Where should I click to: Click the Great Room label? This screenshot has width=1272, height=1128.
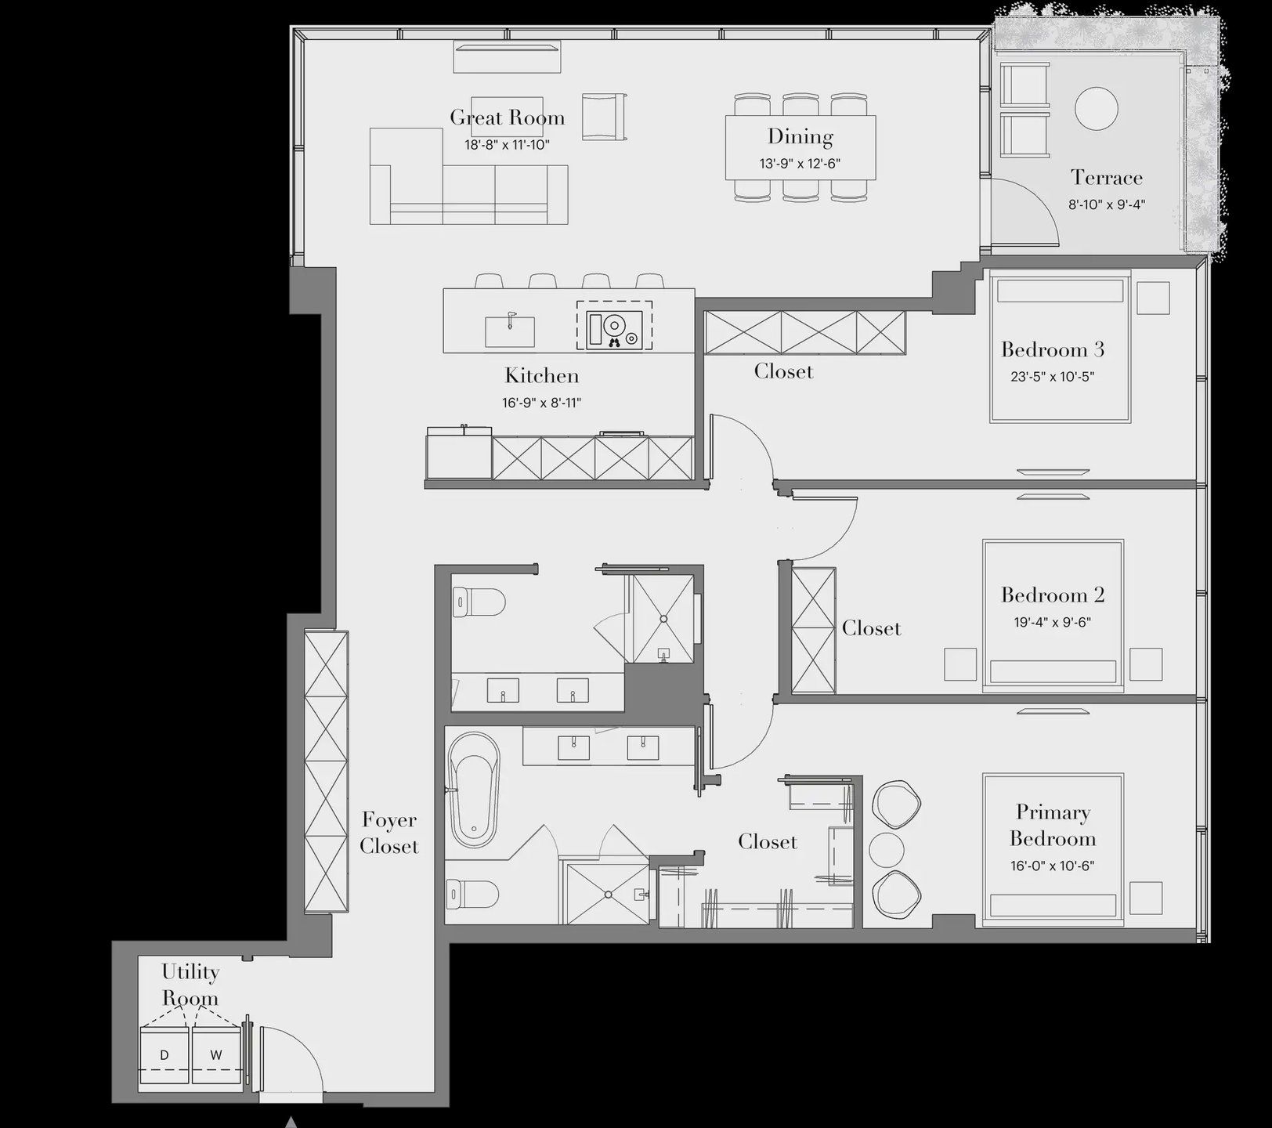click(x=507, y=117)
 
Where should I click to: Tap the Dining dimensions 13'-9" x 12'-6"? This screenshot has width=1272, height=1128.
click(x=800, y=164)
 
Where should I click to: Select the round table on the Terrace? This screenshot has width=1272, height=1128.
click(x=1096, y=108)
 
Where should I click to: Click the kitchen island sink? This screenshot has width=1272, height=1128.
click(x=510, y=331)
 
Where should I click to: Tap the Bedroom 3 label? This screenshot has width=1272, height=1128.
click(x=1052, y=349)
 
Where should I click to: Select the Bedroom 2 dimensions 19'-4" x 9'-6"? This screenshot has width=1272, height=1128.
click(x=1052, y=622)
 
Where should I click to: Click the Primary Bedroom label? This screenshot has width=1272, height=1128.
click(x=1052, y=825)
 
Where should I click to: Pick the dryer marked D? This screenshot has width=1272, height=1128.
click(x=164, y=1056)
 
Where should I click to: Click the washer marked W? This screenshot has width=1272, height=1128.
click(x=216, y=1056)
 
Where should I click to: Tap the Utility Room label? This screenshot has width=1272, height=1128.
click(x=190, y=985)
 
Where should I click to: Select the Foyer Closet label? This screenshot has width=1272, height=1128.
click(x=388, y=833)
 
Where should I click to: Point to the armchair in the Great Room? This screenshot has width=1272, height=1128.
click(x=604, y=117)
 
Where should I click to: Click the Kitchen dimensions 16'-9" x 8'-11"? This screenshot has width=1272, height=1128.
click(x=541, y=403)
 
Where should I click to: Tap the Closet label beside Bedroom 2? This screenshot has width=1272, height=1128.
click(x=871, y=628)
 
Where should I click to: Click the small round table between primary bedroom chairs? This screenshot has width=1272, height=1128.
click(x=887, y=849)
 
